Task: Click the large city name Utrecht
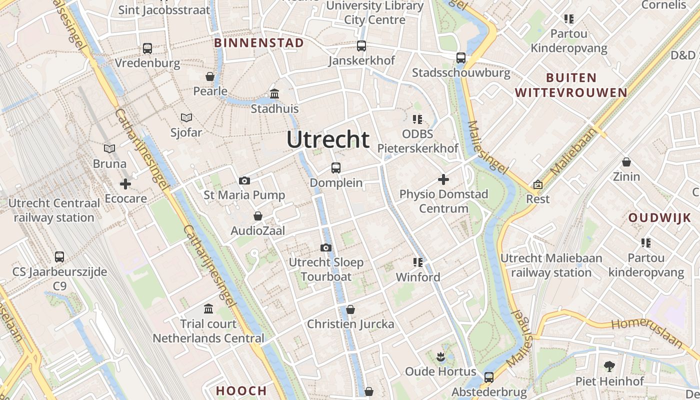coord(328,139)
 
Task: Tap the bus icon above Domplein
coord(336,168)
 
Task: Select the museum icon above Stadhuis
coord(274,93)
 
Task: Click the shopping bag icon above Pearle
coord(210,76)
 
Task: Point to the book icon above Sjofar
coord(186,117)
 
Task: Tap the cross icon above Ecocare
coord(125,184)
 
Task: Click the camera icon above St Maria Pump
coord(244,180)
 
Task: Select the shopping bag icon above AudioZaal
coord(258,216)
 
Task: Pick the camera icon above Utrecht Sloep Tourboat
coord(326,247)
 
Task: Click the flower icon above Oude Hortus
coord(440,356)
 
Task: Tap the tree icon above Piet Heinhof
coord(609,366)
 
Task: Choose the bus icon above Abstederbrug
coord(489,377)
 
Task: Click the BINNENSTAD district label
coord(259,43)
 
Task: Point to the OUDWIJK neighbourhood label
coord(659,218)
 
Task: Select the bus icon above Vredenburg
coord(147,48)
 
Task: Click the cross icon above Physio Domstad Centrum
coord(443,179)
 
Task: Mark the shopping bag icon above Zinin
coord(626,162)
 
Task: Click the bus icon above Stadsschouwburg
coord(461,58)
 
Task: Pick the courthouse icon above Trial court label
coord(208,309)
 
